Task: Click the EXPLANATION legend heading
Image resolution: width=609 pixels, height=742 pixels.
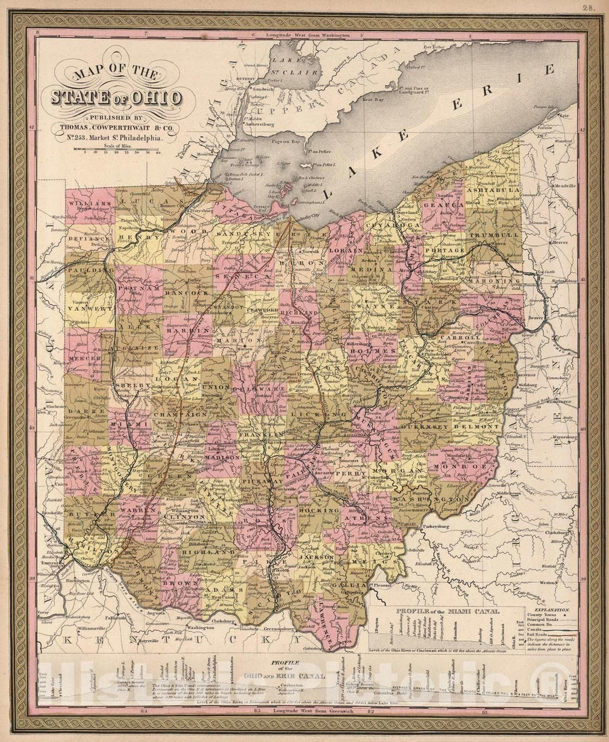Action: click(552, 609)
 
